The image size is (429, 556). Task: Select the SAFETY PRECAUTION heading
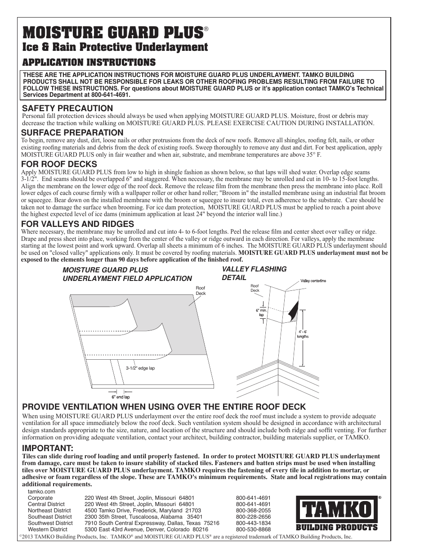pyautogui.click(x=67, y=108)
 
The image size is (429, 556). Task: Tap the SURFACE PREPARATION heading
pyautogui.click(x=72, y=132)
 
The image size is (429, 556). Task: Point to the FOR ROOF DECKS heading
pyautogui.click(x=59, y=164)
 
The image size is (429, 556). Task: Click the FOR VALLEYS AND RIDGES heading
pyautogui.click(x=78, y=224)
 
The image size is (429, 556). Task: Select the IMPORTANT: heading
pyautogui.click(x=48, y=448)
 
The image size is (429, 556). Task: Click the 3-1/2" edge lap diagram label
pyautogui.click(x=140, y=368)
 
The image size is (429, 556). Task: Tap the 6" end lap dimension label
pyautogui.click(x=121, y=397)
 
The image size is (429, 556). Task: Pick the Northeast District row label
pyautogui.click(x=49, y=511)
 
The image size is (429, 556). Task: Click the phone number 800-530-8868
pyautogui.click(x=253, y=529)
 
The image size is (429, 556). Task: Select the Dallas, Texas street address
pyautogui.click(x=152, y=523)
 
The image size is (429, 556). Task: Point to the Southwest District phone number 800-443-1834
pyautogui.click(x=253, y=523)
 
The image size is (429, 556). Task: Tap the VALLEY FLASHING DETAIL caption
pyautogui.click(x=254, y=273)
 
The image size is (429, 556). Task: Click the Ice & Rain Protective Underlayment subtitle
pyautogui.click(x=115, y=47)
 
